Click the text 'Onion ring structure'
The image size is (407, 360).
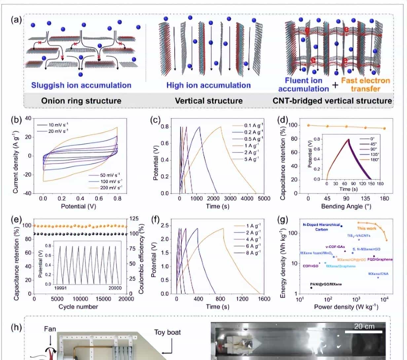[x=81, y=100]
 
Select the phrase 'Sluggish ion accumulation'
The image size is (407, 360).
[x=81, y=85]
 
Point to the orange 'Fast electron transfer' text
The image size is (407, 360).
[x=365, y=85]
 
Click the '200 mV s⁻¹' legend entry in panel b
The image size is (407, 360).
[x=106, y=187]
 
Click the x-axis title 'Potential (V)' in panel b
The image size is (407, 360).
[x=80, y=207]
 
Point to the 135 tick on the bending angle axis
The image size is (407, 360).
[x=365, y=198]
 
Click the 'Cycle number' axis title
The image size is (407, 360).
[x=78, y=307]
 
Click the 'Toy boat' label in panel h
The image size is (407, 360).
[x=167, y=332]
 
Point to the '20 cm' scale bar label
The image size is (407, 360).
[x=364, y=327]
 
